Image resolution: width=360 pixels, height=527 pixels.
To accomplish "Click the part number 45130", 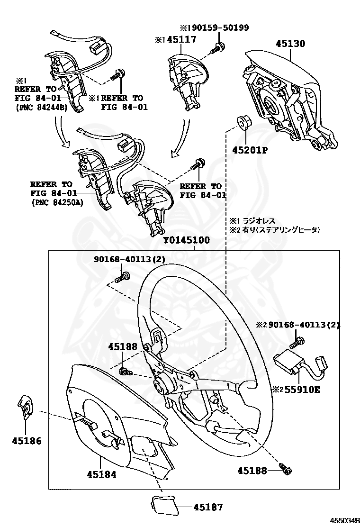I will [290, 44].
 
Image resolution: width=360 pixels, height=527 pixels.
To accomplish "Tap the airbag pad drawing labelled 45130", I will [284, 95].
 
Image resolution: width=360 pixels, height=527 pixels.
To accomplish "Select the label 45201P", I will [250, 151].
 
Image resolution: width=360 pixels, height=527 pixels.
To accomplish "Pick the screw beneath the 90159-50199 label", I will [219, 47].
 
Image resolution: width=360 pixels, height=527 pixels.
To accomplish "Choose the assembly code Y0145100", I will [186, 241].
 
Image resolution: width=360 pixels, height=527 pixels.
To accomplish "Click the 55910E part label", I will [303, 390].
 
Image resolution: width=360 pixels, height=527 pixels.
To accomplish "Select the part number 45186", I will [27, 441].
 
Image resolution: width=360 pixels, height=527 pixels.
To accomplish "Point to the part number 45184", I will [101, 474].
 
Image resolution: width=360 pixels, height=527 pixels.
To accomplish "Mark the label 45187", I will [207, 507].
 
